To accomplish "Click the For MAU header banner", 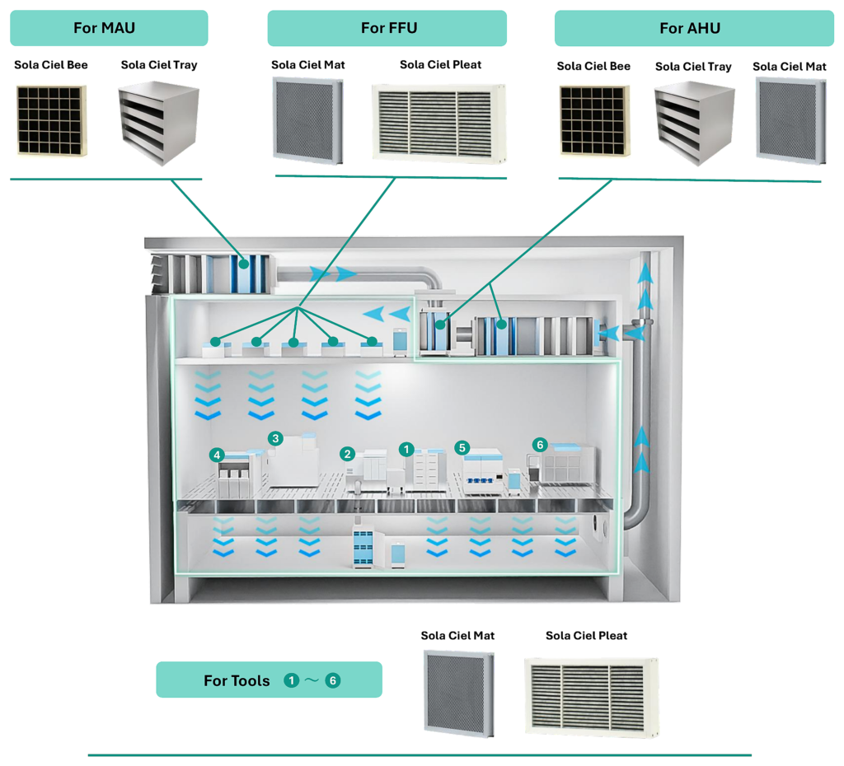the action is point(109,28).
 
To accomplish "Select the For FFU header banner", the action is point(387,28).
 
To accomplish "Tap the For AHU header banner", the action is point(694,28).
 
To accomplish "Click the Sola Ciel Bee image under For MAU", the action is point(52,120).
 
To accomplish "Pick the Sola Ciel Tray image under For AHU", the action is point(694,124).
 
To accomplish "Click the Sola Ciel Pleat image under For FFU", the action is point(439,124).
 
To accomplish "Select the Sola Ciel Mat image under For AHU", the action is point(790,120).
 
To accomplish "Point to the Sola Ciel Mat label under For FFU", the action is point(308,65).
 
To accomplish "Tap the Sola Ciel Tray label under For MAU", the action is point(159,65).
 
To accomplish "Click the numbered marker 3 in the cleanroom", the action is point(275,438).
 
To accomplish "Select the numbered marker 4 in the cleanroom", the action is point(217,455).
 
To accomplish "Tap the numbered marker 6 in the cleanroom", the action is point(540,445).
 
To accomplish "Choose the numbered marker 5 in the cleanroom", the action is point(462,447).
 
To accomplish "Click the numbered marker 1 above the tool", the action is point(406,449).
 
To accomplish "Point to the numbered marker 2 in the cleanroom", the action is point(348,454).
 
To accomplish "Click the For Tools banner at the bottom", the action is point(270,680).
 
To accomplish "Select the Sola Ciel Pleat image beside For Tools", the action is point(592,697).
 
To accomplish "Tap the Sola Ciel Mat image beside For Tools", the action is point(458,693).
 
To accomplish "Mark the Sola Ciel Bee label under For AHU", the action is point(593,66).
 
